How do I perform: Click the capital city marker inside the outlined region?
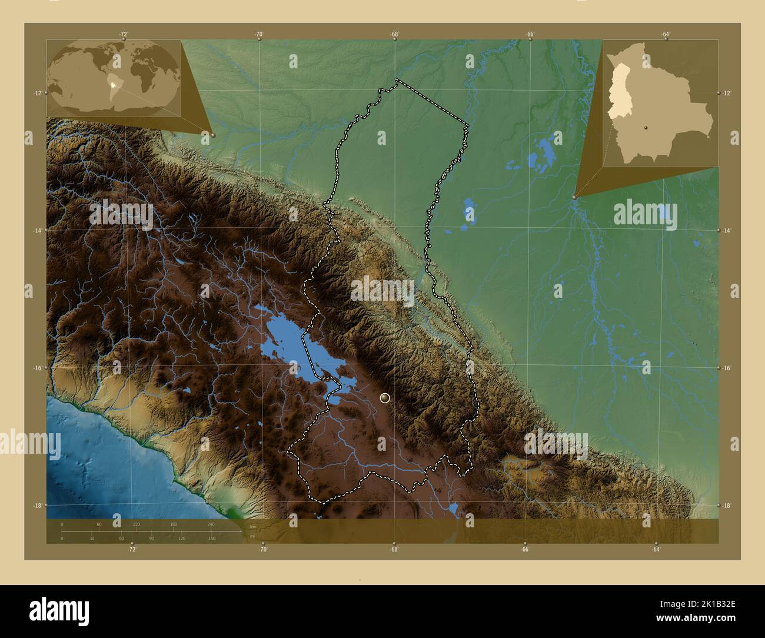(x=385, y=398)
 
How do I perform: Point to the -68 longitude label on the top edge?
(x=394, y=35)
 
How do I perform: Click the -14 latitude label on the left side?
(x=37, y=231)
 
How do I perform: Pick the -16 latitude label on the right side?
(x=727, y=368)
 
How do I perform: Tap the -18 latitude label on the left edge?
(x=37, y=506)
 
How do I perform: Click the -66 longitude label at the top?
(x=530, y=35)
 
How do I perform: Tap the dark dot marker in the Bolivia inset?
(x=646, y=126)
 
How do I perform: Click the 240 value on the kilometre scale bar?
(x=211, y=524)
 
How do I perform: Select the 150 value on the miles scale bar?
(x=211, y=539)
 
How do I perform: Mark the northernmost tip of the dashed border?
(x=397, y=79)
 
